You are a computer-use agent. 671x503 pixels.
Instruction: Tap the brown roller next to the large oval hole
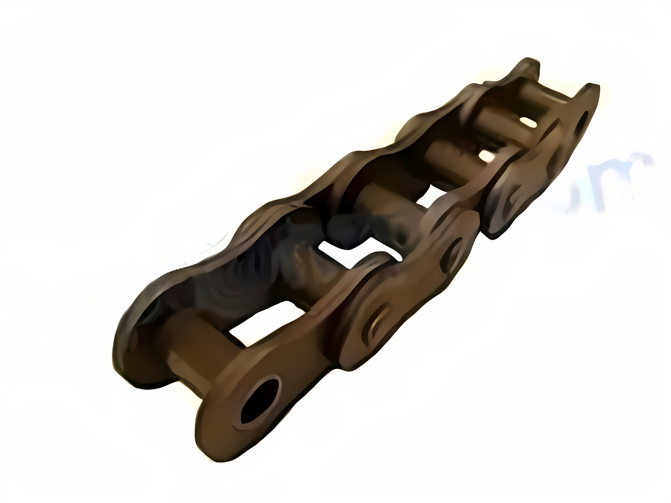click(x=193, y=347)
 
